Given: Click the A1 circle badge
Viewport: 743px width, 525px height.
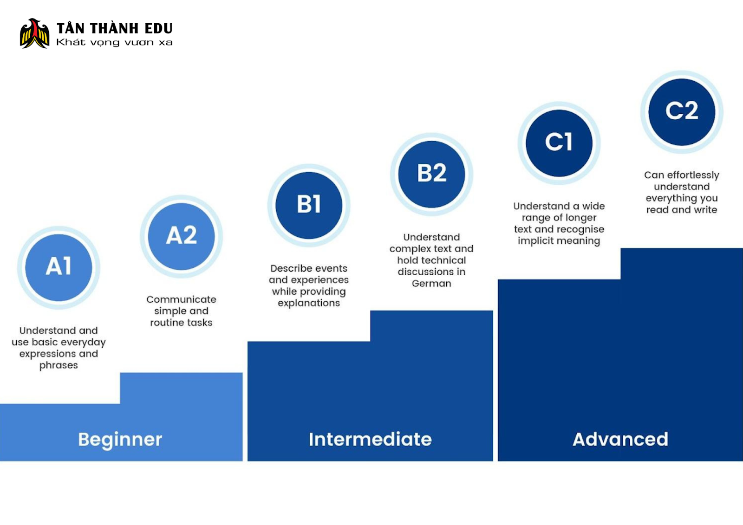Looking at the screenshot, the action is (59, 268).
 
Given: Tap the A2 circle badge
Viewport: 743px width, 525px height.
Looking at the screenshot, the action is (181, 236).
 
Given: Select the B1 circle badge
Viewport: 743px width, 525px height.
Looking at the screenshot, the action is (309, 205).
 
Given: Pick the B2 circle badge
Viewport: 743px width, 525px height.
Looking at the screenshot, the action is (431, 174).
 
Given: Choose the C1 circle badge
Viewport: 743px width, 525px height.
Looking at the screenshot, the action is (559, 143).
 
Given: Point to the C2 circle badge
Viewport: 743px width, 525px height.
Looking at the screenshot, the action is (682, 112).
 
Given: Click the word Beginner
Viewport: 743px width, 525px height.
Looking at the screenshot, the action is (120, 440).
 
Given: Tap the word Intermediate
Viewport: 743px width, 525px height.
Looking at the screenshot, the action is (370, 439).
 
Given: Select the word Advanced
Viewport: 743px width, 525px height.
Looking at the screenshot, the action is (620, 439).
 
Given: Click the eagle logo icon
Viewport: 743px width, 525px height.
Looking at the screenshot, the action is (34, 33).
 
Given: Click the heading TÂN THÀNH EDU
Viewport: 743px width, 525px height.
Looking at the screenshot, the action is (114, 28).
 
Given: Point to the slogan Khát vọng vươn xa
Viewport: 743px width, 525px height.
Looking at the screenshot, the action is (114, 42).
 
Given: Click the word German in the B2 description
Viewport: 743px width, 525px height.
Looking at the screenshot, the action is (431, 283).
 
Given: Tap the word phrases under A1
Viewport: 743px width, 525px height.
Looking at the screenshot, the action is (59, 365).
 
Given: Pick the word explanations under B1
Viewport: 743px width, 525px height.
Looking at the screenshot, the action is (309, 303).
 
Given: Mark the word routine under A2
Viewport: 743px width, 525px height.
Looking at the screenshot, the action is (166, 322).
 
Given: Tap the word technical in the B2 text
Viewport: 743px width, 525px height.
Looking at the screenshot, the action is (447, 260).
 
